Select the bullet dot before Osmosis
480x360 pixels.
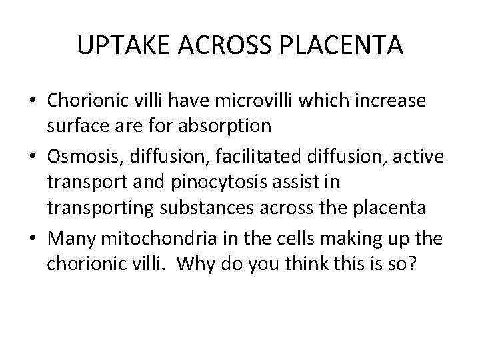[x=32, y=152]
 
